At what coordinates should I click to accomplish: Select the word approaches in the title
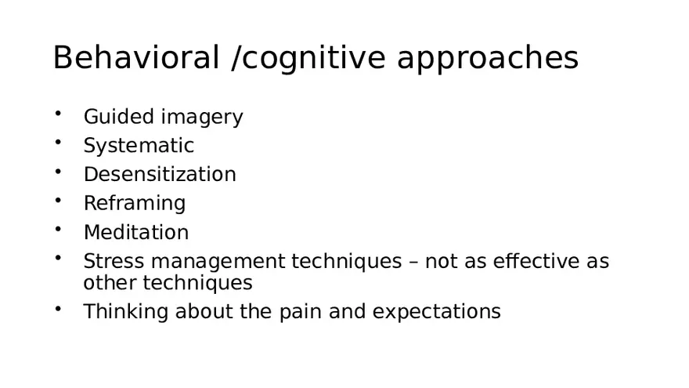coord(488,59)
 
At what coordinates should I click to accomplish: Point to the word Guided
coord(119,117)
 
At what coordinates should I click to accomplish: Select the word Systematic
coord(139,146)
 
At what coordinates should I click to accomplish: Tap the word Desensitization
coord(160,174)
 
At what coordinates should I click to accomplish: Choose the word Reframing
coord(135,204)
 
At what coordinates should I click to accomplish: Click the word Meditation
coord(136,233)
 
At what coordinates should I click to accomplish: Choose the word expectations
coord(436,312)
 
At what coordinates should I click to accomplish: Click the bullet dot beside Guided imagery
coord(58,114)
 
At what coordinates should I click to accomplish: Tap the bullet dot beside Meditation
coord(58,230)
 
